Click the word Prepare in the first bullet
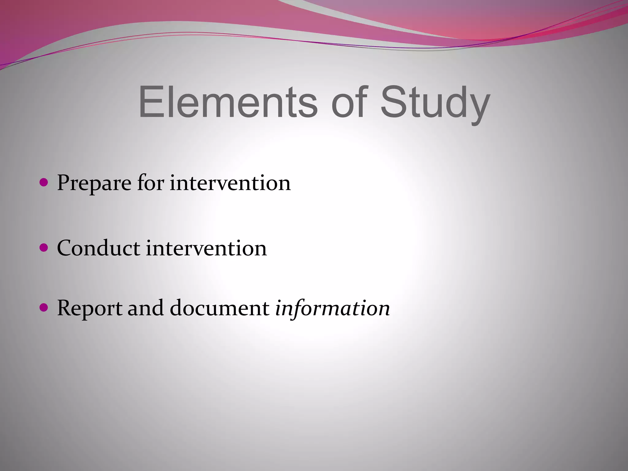pyautogui.click(x=94, y=183)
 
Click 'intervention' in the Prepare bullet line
pyautogui.click(x=230, y=183)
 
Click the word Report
pyautogui.click(x=89, y=308)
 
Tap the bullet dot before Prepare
pyautogui.click(x=44, y=183)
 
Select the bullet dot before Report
pyautogui.click(x=44, y=307)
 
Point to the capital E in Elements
pyautogui.click(x=150, y=102)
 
